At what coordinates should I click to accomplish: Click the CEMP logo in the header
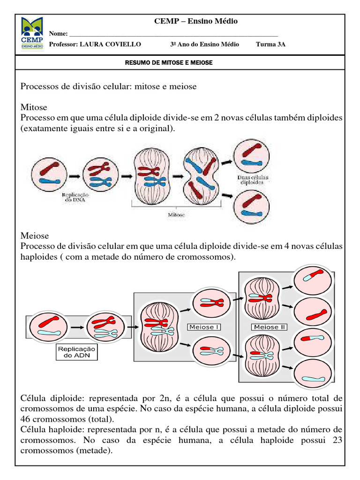[32, 34]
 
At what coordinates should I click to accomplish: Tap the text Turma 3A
[270, 44]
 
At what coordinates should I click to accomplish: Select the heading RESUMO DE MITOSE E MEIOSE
[169, 62]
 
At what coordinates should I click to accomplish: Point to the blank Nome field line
[173, 34]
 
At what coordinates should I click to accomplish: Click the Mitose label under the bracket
[176, 215]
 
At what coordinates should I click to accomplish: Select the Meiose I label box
[203, 327]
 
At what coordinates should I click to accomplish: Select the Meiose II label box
[270, 327]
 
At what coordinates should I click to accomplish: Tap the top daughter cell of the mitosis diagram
[252, 156]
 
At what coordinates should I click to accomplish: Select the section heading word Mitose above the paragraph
[34, 108]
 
